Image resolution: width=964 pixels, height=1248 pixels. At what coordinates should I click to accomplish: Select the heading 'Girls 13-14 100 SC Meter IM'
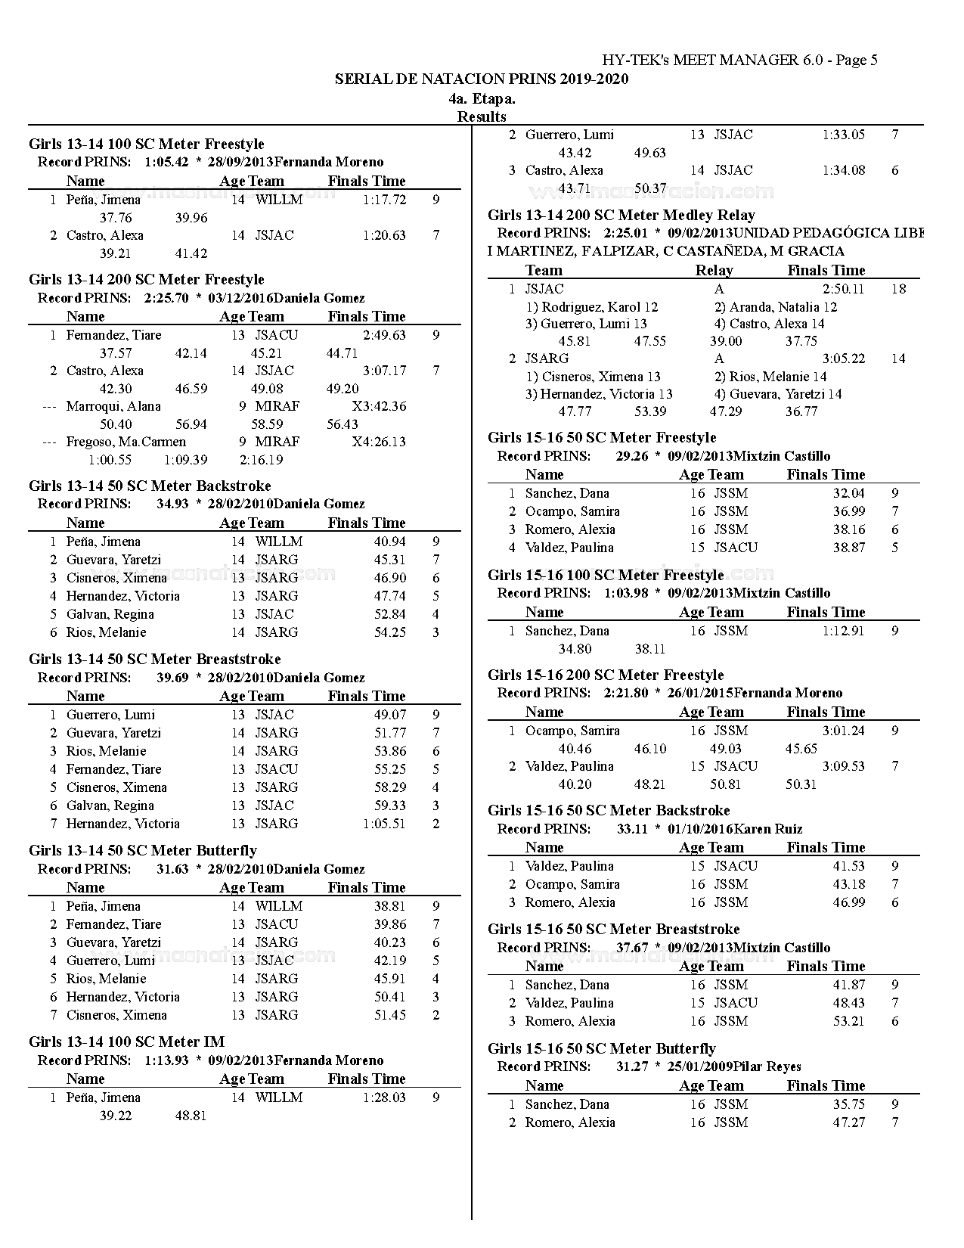pyautogui.click(x=126, y=1042)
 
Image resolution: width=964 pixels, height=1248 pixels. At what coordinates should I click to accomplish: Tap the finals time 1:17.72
pyautogui.click(x=384, y=200)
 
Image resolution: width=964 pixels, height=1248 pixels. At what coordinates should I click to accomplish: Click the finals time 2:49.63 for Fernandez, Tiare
pyautogui.click(x=384, y=335)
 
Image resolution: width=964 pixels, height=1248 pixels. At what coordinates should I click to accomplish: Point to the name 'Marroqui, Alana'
pyautogui.click(x=113, y=406)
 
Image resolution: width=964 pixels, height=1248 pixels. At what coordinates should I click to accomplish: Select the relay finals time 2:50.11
pyautogui.click(x=843, y=289)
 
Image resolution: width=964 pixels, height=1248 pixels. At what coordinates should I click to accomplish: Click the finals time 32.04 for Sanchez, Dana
pyautogui.click(x=848, y=493)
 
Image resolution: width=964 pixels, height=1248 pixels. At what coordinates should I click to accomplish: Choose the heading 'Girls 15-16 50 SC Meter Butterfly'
pyautogui.click(x=601, y=1048)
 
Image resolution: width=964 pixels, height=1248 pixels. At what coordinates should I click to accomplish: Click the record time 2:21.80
pyautogui.click(x=625, y=693)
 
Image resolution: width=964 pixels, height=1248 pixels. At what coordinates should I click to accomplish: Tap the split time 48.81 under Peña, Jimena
pyautogui.click(x=191, y=1116)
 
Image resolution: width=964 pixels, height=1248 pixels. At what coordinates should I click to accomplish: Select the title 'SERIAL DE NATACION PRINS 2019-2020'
pyautogui.click(x=482, y=79)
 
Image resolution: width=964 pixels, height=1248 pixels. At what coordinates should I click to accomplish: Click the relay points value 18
pyautogui.click(x=898, y=289)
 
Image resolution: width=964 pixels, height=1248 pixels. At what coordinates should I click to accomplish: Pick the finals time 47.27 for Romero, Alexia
pyautogui.click(x=848, y=1122)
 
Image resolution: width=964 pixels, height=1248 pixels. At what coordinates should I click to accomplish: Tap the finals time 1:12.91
pyautogui.click(x=843, y=631)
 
